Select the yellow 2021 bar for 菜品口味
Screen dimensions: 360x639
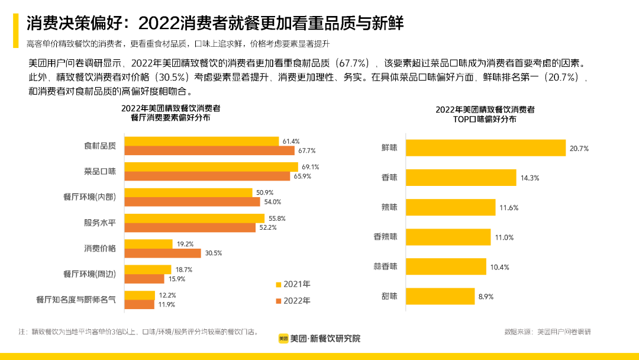click(x=211, y=167)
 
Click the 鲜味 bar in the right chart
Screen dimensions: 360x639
click(x=486, y=148)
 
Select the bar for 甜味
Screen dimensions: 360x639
click(x=440, y=296)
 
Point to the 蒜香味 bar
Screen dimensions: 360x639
click(x=446, y=266)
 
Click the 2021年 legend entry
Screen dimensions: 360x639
click(x=293, y=284)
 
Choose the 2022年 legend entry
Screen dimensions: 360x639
click(x=293, y=300)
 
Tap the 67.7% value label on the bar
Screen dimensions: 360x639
click(x=307, y=150)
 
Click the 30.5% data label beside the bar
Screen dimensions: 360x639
click(x=213, y=253)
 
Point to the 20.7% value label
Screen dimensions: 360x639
click(x=579, y=149)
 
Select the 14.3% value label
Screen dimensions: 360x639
click(x=530, y=178)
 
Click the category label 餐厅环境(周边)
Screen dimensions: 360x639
click(x=89, y=274)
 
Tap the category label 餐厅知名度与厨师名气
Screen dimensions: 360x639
click(x=76, y=300)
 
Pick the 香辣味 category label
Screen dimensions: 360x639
click(x=385, y=237)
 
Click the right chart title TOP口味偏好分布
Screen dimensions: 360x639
click(x=485, y=118)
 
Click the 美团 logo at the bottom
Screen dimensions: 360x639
click(x=284, y=339)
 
